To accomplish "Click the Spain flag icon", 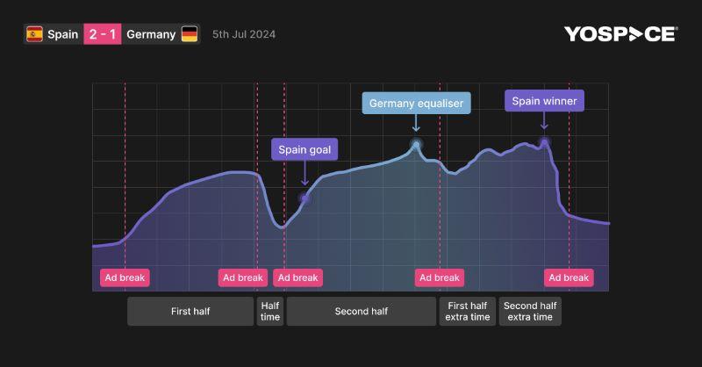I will [35, 35].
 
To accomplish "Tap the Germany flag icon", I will [190, 35].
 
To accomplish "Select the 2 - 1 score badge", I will [101, 35].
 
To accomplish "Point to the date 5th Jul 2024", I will [244, 35].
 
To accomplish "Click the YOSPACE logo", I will [620, 34].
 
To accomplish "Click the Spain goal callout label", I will [304, 149].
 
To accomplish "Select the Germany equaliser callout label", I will [416, 104].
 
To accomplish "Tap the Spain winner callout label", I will [544, 101].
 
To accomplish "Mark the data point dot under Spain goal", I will [304, 198].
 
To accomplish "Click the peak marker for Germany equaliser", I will [416, 143].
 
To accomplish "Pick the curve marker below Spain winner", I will [544, 142].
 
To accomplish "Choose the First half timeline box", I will [190, 311].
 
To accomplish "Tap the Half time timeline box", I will [270, 311].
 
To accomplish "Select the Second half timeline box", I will [361, 311].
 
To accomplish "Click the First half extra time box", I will [468, 311].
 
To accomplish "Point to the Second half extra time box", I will [530, 311].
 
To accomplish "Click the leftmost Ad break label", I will [125, 277].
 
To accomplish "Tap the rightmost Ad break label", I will [569, 277].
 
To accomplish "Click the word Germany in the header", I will [151, 35].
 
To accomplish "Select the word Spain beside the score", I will [62, 35].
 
